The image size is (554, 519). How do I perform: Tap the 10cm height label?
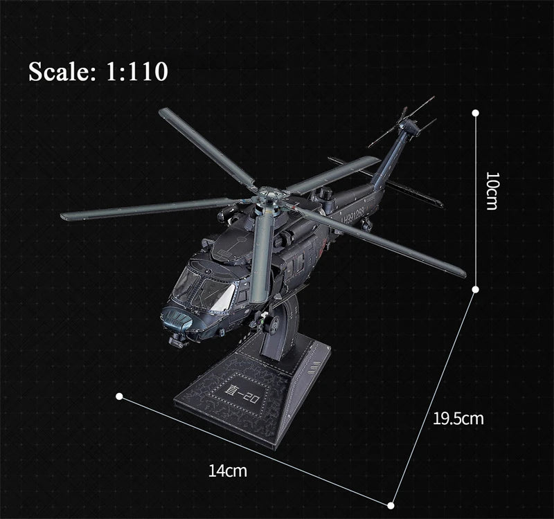click(492, 191)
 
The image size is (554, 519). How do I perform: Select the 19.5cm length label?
click(458, 418)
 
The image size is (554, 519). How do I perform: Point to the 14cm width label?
click(228, 471)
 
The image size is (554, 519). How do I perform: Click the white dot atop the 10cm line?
click(476, 111)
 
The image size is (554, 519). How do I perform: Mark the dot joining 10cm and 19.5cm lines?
click(476, 288)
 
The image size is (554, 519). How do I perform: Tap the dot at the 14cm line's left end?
click(119, 397)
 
